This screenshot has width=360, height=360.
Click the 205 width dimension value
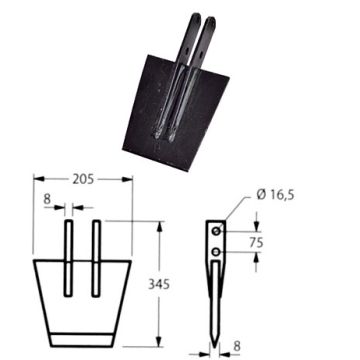point(83,179)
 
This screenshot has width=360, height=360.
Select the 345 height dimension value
point(159,284)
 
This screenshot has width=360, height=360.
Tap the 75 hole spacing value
point(256,242)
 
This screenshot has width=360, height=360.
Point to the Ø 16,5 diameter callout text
point(275,194)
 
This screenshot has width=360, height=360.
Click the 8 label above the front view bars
point(47,199)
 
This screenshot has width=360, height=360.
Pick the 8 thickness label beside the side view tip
point(237,346)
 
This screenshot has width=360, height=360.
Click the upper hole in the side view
point(217,231)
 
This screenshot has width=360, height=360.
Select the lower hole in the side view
point(217,252)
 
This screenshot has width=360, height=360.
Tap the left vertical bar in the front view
point(68,258)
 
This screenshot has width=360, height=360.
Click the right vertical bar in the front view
point(96,258)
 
